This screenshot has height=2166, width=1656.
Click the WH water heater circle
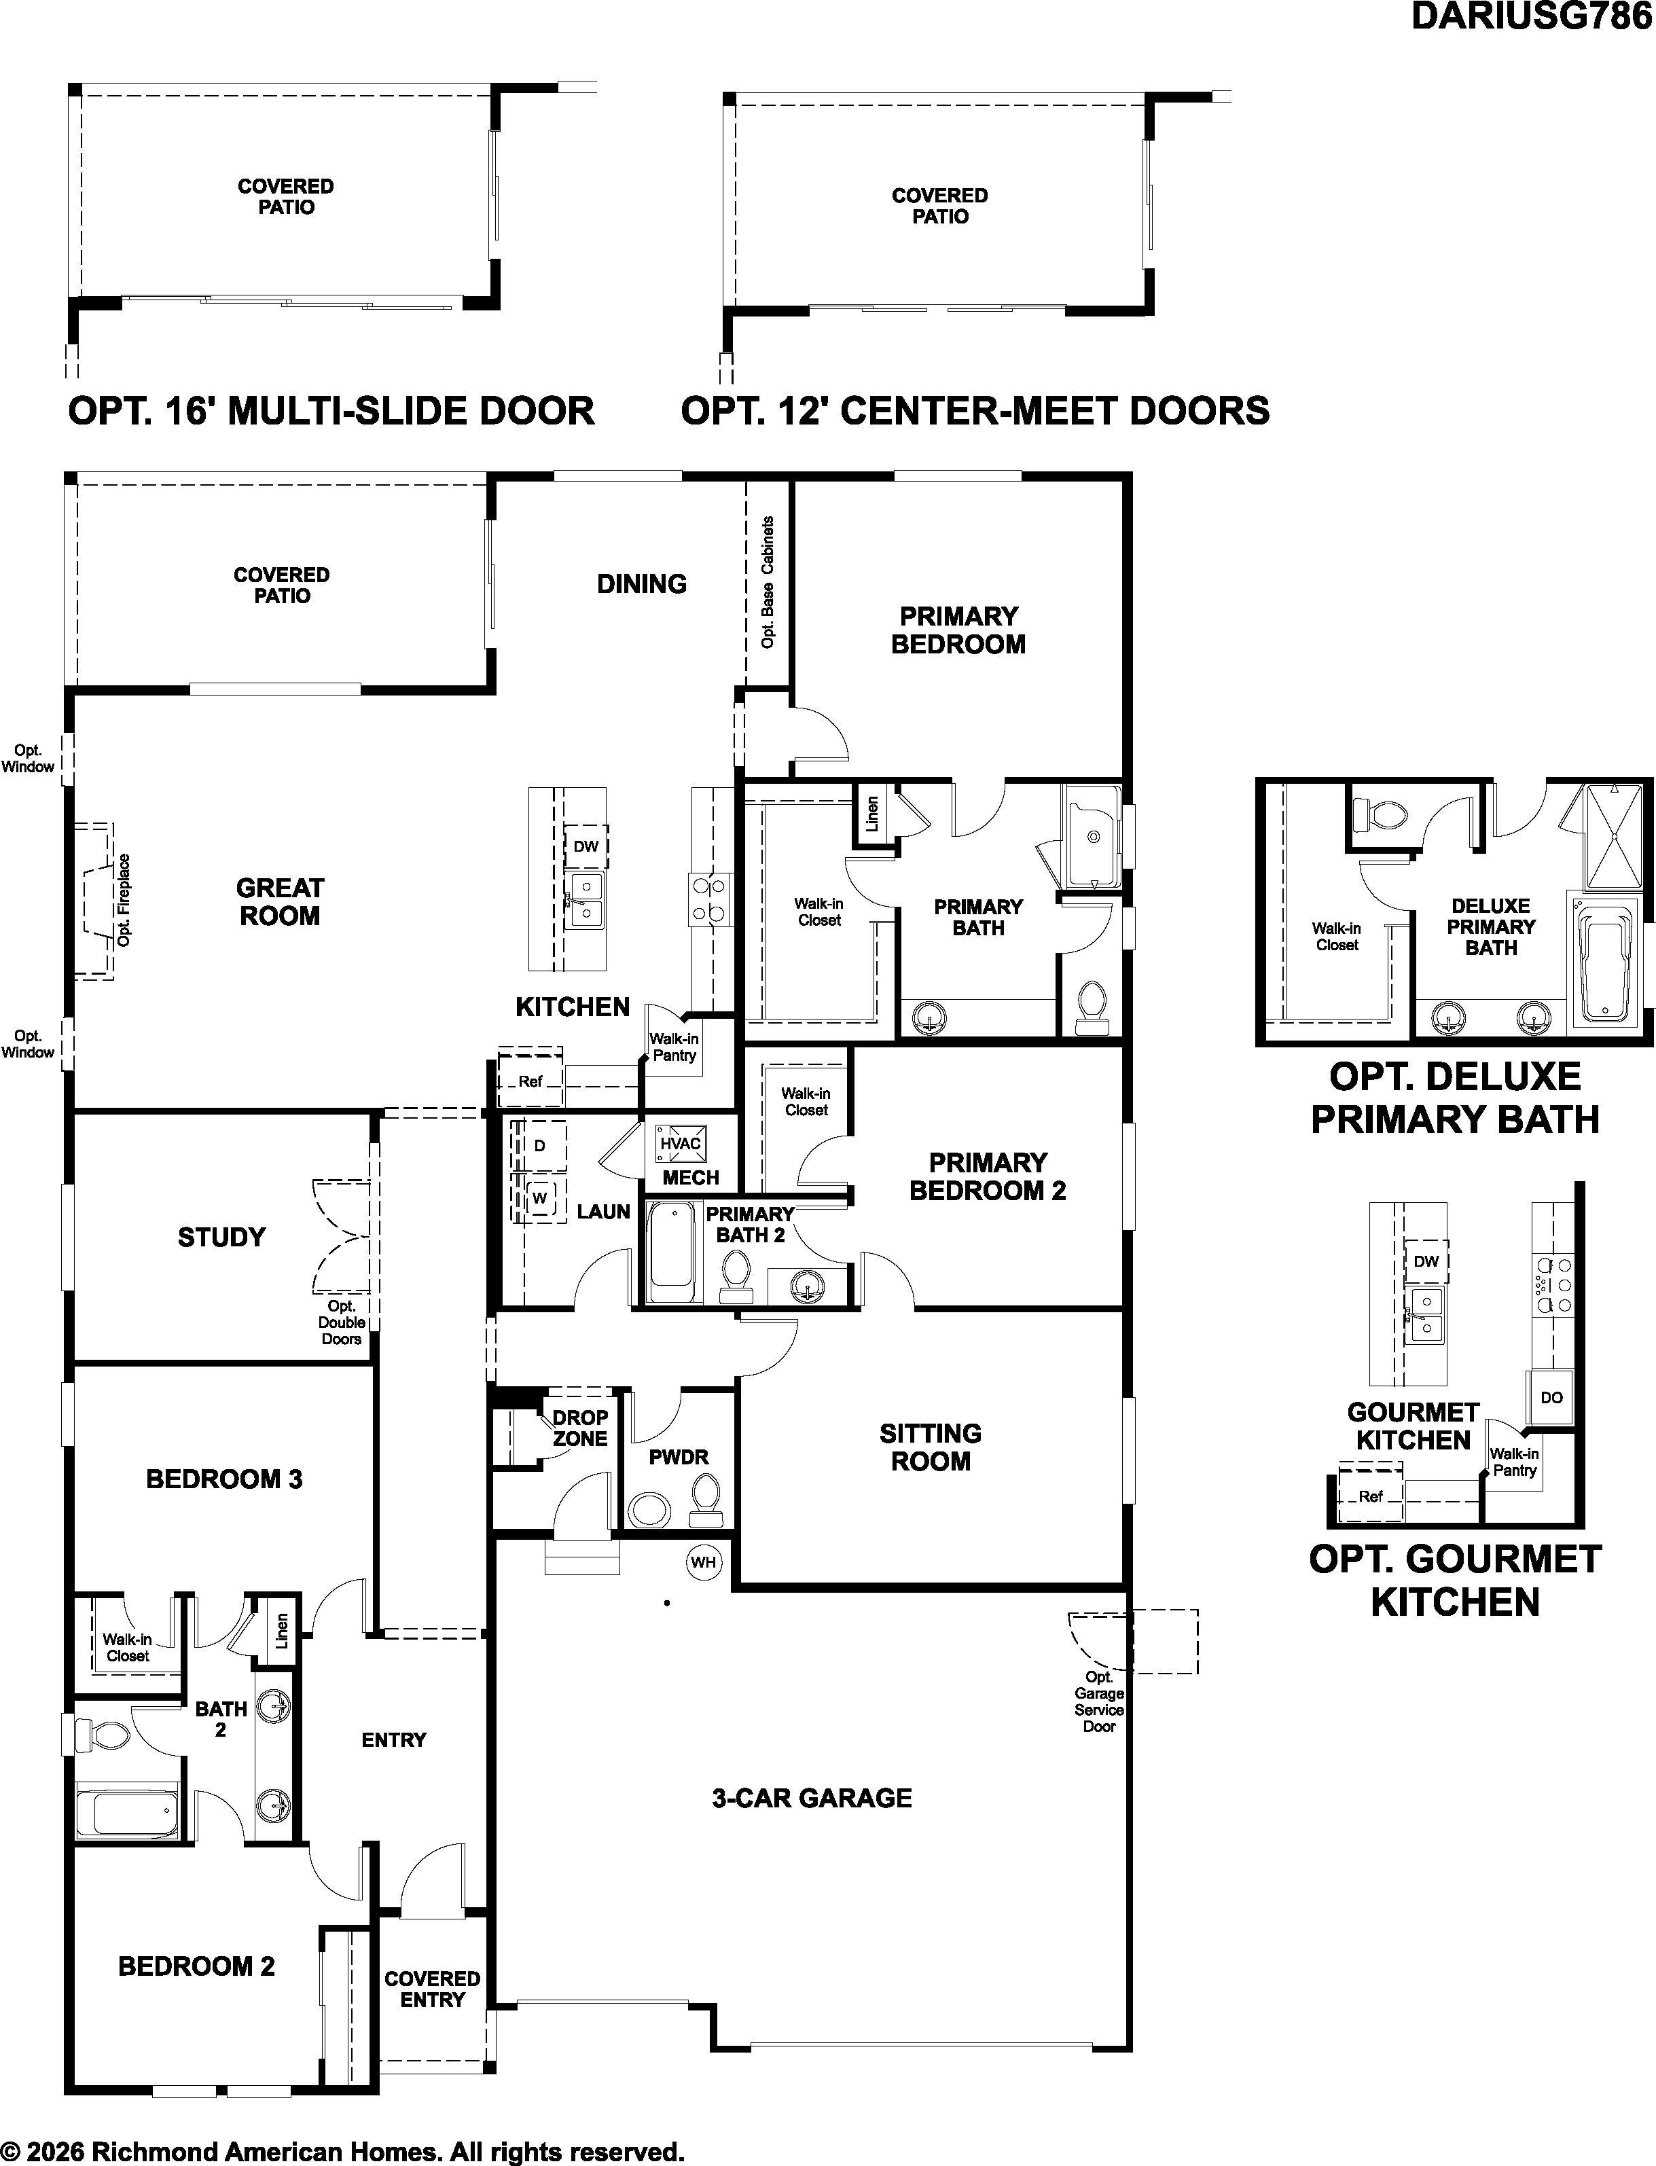pos(703,1562)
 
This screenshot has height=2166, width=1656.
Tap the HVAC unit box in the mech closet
pos(680,1143)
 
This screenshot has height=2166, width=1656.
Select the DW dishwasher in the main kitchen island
pos(586,846)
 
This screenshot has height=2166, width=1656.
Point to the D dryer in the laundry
pos(539,1146)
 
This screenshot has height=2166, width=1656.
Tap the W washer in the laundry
pos(539,1198)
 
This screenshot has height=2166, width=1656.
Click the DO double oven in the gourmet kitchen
pos(1551,1397)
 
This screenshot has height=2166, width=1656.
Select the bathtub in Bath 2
pos(127,1814)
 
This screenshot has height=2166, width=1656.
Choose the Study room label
pos(222,1237)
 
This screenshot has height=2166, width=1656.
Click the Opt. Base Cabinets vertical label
pos(768,582)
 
